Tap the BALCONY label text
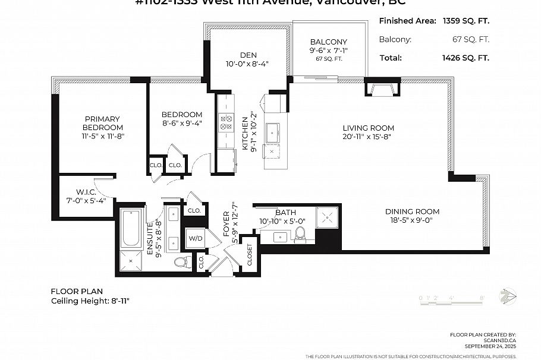[328, 42]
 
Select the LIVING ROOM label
[368, 128]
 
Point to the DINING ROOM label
[412, 211]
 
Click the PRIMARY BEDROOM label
[102, 123]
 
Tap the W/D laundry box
[194, 239]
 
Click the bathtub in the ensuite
[131, 229]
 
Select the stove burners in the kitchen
[227, 122]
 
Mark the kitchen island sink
[273, 131]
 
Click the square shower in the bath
[327, 217]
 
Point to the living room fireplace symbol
[381, 89]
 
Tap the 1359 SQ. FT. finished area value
[465, 21]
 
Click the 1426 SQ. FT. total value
[465, 58]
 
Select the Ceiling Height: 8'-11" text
[90, 301]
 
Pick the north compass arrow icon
[508, 295]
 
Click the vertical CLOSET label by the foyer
[249, 254]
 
